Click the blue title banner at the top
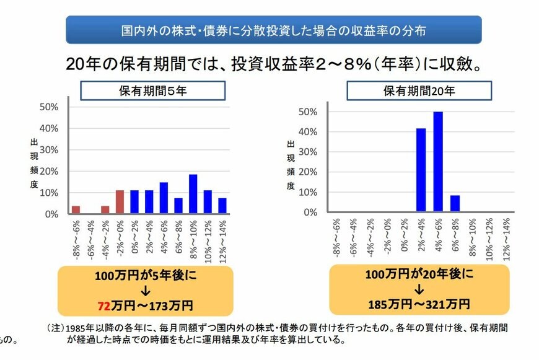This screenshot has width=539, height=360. coord(273,29)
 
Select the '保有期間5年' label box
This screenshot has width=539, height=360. coord(152,90)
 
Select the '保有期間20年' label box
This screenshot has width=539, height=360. coord(419,90)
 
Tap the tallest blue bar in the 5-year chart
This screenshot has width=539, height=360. coord(193,194)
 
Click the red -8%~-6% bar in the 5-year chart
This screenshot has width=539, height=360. coord(76,209)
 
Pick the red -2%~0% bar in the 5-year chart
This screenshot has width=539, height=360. coord(120,202)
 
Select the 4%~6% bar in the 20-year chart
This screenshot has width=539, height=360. coord(438,162)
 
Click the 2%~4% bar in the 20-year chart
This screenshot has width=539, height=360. coord(421,170)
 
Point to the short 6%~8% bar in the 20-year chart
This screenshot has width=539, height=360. coord(455,204)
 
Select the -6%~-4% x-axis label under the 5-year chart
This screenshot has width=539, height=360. coord(90,239)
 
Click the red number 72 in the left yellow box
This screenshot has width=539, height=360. coord(103,306)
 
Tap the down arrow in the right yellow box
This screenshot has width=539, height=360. coord(419,289)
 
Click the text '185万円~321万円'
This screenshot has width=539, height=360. coord(418,304)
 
